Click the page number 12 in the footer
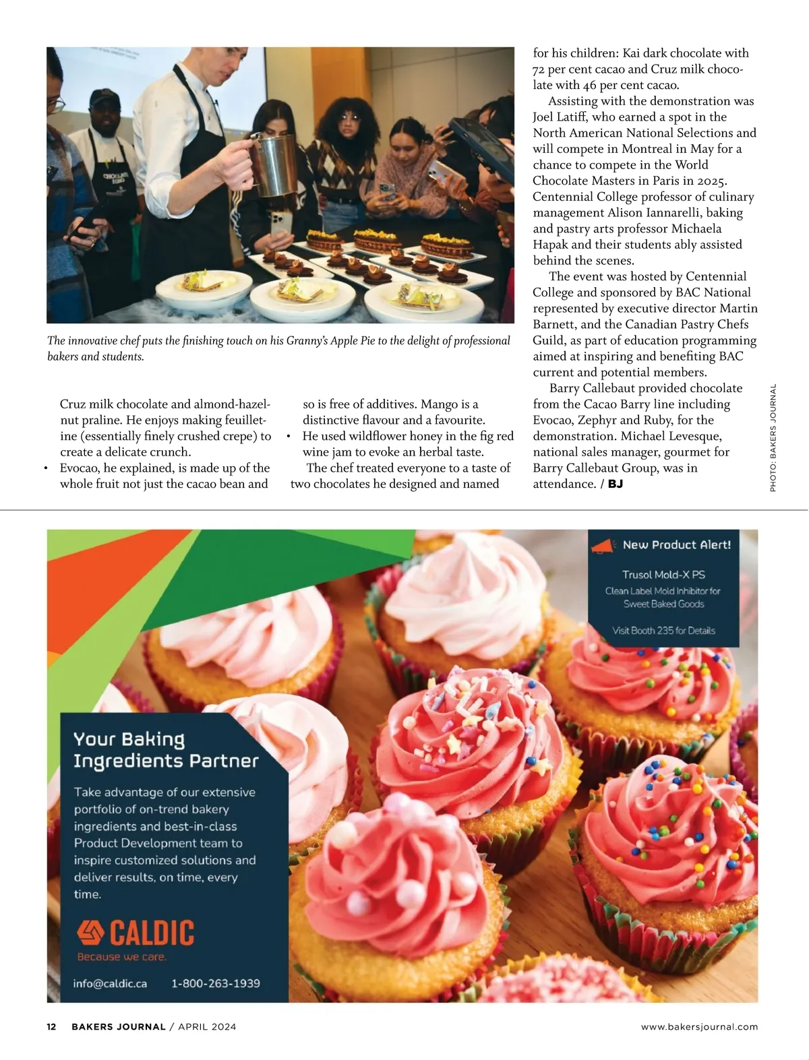(51, 1027)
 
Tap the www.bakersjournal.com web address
(699, 1027)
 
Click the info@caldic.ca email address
(110, 983)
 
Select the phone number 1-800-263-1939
(216, 983)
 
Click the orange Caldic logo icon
(90, 933)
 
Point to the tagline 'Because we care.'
(122, 957)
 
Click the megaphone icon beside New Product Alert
(604, 546)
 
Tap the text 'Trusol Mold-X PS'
(663, 575)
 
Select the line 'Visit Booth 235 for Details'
(663, 631)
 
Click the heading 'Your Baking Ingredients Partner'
(166, 750)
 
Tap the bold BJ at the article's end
(615, 484)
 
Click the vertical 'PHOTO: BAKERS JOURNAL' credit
(773, 437)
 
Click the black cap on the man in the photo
(104, 98)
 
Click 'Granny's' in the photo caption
(307, 341)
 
